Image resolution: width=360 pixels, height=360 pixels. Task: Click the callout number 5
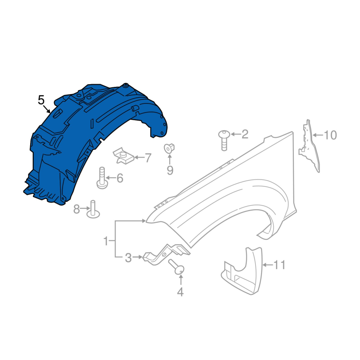(x=41, y=100)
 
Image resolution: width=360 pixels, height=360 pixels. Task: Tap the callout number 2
(x=245, y=134)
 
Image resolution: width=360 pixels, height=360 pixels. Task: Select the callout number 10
(x=330, y=135)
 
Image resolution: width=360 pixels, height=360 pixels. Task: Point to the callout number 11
(x=279, y=265)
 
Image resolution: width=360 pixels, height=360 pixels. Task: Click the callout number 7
(x=148, y=158)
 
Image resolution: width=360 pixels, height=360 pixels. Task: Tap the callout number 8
(x=76, y=209)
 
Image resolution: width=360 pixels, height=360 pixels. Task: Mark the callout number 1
(x=106, y=241)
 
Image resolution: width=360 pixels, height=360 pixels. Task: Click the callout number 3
(x=128, y=258)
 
